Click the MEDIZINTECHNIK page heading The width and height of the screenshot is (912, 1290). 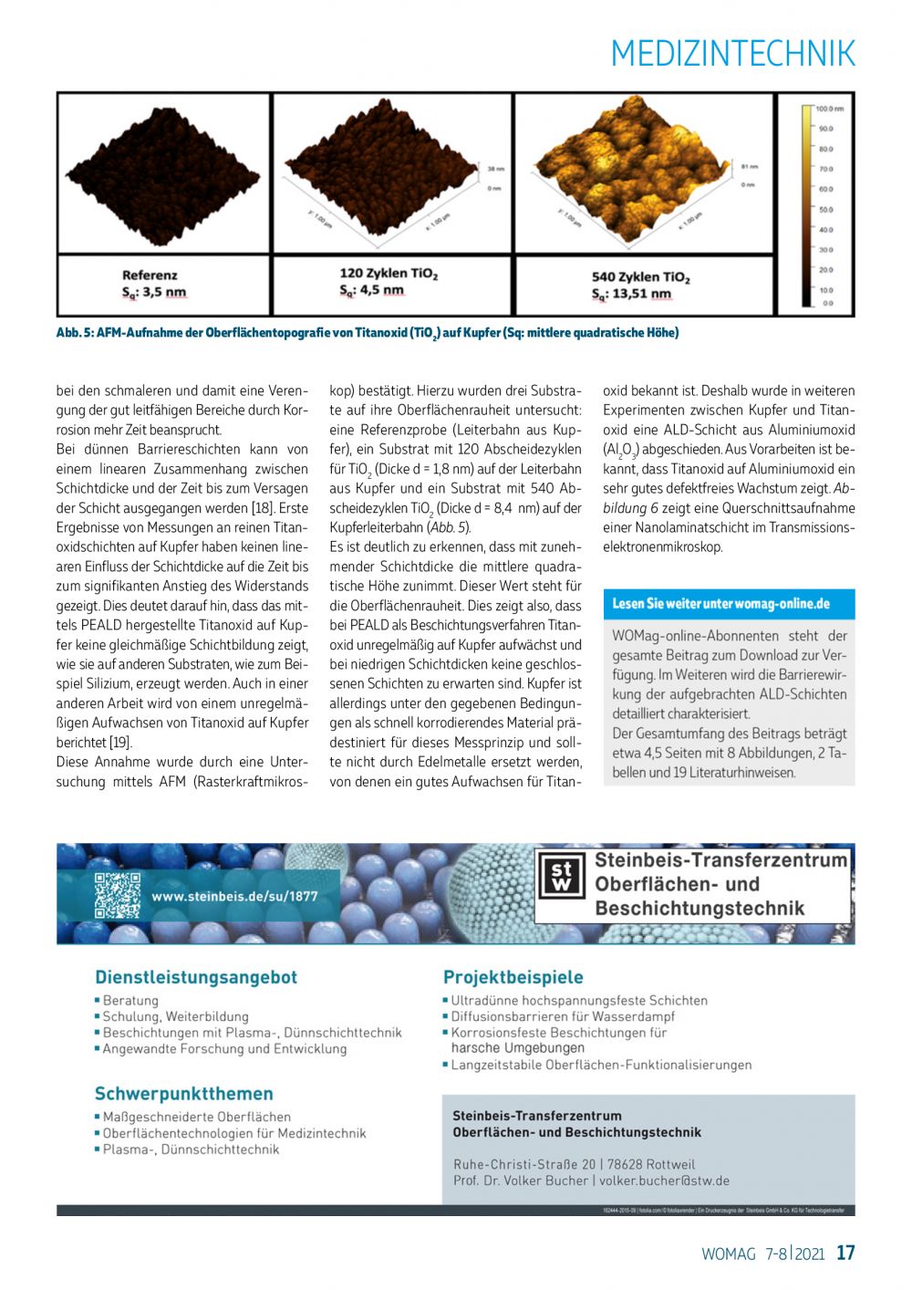coord(733,54)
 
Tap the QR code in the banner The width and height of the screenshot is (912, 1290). coord(118,895)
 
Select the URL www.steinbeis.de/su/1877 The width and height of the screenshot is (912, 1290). coord(234,896)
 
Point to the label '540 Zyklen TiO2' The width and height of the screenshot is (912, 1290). coord(640,276)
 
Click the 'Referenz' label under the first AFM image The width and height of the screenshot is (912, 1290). coord(150,275)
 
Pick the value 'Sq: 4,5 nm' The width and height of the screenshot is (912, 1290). coord(371,290)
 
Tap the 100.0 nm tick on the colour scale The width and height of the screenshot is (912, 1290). coord(830,109)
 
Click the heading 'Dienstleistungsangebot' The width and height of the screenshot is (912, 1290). coord(196,977)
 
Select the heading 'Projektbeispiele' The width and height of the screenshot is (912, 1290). coord(513,977)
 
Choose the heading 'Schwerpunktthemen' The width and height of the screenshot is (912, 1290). coord(183,1093)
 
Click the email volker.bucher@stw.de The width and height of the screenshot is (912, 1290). coord(664,1181)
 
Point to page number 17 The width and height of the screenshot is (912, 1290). coord(845,1253)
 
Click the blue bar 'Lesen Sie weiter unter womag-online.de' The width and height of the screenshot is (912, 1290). coord(729,604)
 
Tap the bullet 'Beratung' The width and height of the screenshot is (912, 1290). coord(130,1001)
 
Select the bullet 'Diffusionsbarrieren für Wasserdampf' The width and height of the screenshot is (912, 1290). coord(563,1016)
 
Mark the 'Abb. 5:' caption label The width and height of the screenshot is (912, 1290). coord(75,333)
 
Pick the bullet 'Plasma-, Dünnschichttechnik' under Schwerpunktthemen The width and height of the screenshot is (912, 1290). coord(191,1150)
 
